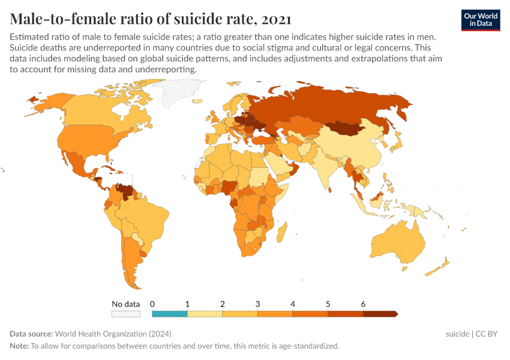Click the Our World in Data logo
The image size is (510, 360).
(x=480, y=20)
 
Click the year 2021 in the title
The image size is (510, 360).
(x=277, y=20)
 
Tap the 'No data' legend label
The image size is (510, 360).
(x=126, y=304)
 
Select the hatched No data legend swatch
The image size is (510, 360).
(x=126, y=314)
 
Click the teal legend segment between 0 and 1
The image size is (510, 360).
(x=170, y=314)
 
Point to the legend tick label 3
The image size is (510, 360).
(x=257, y=304)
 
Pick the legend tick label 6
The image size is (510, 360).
(x=363, y=304)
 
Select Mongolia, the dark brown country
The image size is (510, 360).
(x=348, y=128)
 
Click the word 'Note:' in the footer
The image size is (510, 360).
(x=19, y=346)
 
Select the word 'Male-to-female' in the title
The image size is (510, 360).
(x=60, y=20)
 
